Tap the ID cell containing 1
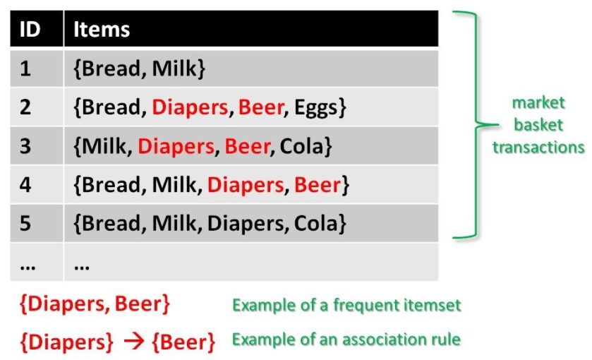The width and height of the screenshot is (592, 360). [x=25, y=68]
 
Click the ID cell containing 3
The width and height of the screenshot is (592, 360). [x=25, y=147]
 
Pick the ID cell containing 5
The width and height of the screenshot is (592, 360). [x=25, y=224]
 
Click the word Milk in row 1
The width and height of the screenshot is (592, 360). [x=176, y=68]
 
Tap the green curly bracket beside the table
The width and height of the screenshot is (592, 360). [x=474, y=125]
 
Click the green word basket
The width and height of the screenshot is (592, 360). [x=538, y=125]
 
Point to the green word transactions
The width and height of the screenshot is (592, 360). [x=538, y=147]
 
